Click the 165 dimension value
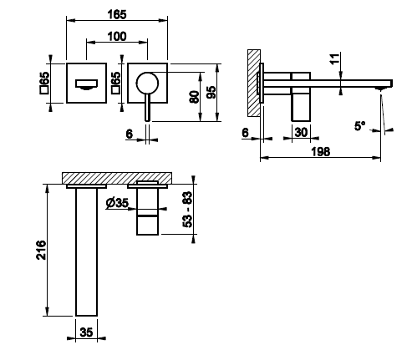click(117, 14)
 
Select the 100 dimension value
click(117, 37)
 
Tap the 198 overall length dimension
click(321, 152)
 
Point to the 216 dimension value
click(41, 250)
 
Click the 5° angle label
click(359, 126)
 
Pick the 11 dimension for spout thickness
click(335, 58)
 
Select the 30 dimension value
click(301, 133)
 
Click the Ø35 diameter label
click(117, 203)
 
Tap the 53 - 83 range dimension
click(188, 210)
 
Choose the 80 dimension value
click(194, 97)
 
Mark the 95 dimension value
click(211, 92)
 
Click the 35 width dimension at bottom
click(86, 332)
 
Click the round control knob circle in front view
click(147, 84)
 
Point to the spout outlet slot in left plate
click(87, 84)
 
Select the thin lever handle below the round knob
click(148, 108)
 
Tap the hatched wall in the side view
click(254, 83)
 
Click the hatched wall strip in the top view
click(117, 178)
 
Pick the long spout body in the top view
click(86, 252)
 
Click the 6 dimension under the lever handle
click(130, 134)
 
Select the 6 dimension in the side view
click(245, 133)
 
